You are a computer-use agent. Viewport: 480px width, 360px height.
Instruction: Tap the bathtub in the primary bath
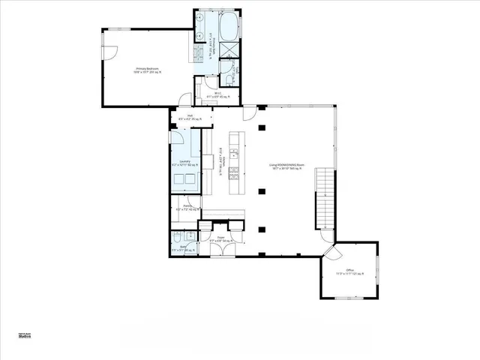tap(227, 28)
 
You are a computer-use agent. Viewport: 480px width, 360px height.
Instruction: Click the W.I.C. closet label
tap(218, 94)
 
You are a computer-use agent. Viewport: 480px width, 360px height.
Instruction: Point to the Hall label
tap(190, 117)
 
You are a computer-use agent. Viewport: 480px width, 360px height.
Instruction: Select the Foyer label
tap(221, 239)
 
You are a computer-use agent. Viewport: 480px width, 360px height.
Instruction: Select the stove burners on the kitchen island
tap(235, 178)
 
